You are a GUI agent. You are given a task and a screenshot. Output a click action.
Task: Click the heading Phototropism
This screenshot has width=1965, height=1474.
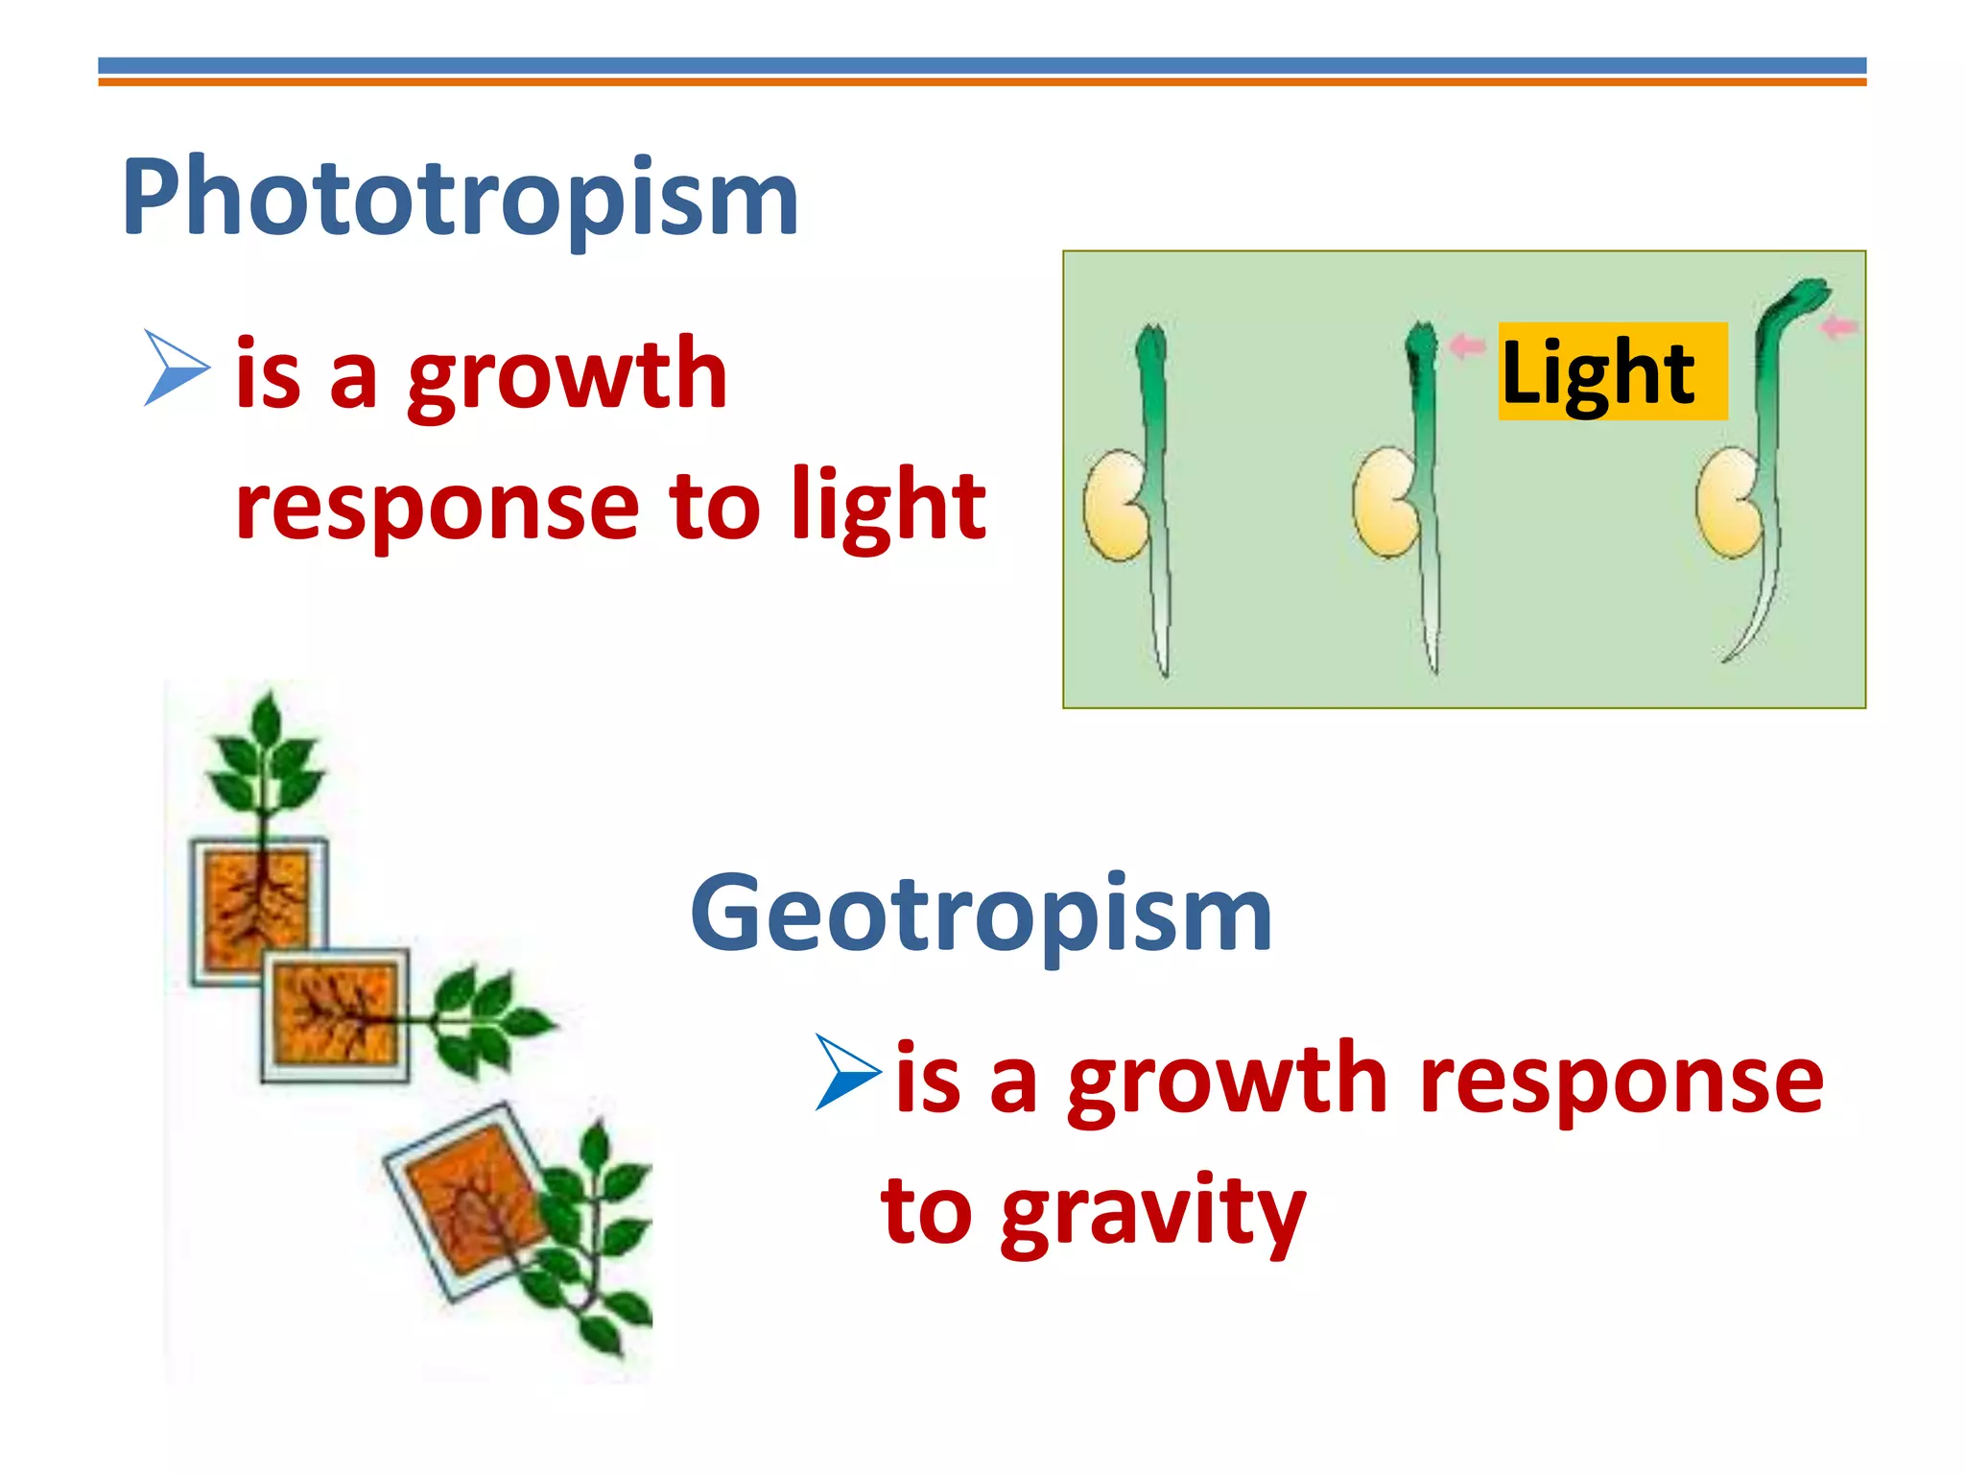click(x=461, y=198)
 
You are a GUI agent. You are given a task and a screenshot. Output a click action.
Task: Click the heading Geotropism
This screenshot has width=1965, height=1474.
click(x=981, y=914)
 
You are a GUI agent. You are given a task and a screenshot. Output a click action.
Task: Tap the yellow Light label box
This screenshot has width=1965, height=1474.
click(x=1612, y=372)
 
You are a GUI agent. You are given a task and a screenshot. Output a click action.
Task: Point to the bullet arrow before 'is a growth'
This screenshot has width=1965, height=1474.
click(x=177, y=368)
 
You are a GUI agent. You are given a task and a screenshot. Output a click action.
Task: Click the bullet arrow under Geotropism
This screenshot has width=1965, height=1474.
click(x=848, y=1073)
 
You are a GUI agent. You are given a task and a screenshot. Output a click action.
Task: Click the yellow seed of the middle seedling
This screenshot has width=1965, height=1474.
click(x=1385, y=503)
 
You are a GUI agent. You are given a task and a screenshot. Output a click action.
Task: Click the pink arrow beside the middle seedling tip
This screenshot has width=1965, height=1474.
click(x=1467, y=345)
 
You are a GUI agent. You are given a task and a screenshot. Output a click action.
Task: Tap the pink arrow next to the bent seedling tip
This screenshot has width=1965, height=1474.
click(x=1838, y=327)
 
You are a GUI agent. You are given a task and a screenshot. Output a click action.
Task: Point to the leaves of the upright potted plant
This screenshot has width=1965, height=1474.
click(x=265, y=758)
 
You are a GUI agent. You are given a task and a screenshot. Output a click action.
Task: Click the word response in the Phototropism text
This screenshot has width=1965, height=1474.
click(x=437, y=506)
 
